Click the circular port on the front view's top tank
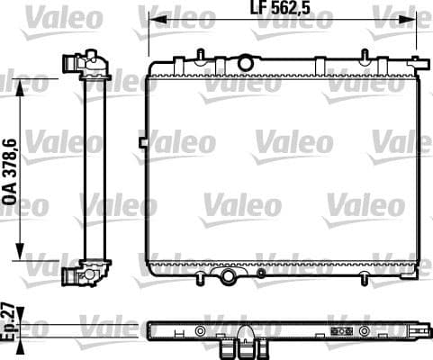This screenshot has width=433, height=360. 244,62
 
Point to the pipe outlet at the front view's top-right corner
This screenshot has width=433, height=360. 416,63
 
